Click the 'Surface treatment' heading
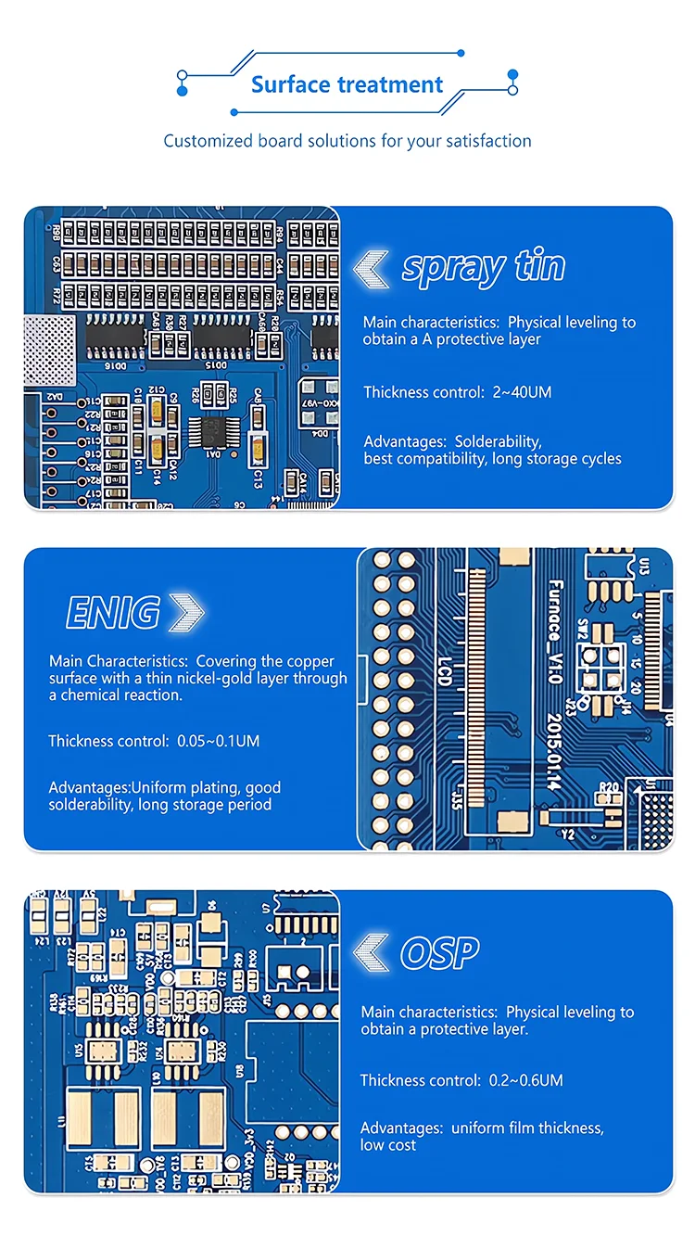click(x=347, y=84)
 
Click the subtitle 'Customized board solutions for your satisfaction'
click(x=347, y=141)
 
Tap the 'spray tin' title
click(x=483, y=267)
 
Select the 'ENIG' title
click(x=113, y=613)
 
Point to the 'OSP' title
click(x=439, y=952)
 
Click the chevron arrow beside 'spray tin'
click(x=372, y=268)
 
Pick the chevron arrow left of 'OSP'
click(x=373, y=952)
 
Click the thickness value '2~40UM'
click(x=520, y=392)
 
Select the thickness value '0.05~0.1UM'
click(x=219, y=741)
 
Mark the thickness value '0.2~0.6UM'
click(x=525, y=1080)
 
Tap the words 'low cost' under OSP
click(x=388, y=1145)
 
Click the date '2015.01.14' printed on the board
click(x=554, y=752)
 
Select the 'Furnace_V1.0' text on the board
click(x=554, y=631)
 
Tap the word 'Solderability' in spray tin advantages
click(x=498, y=441)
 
